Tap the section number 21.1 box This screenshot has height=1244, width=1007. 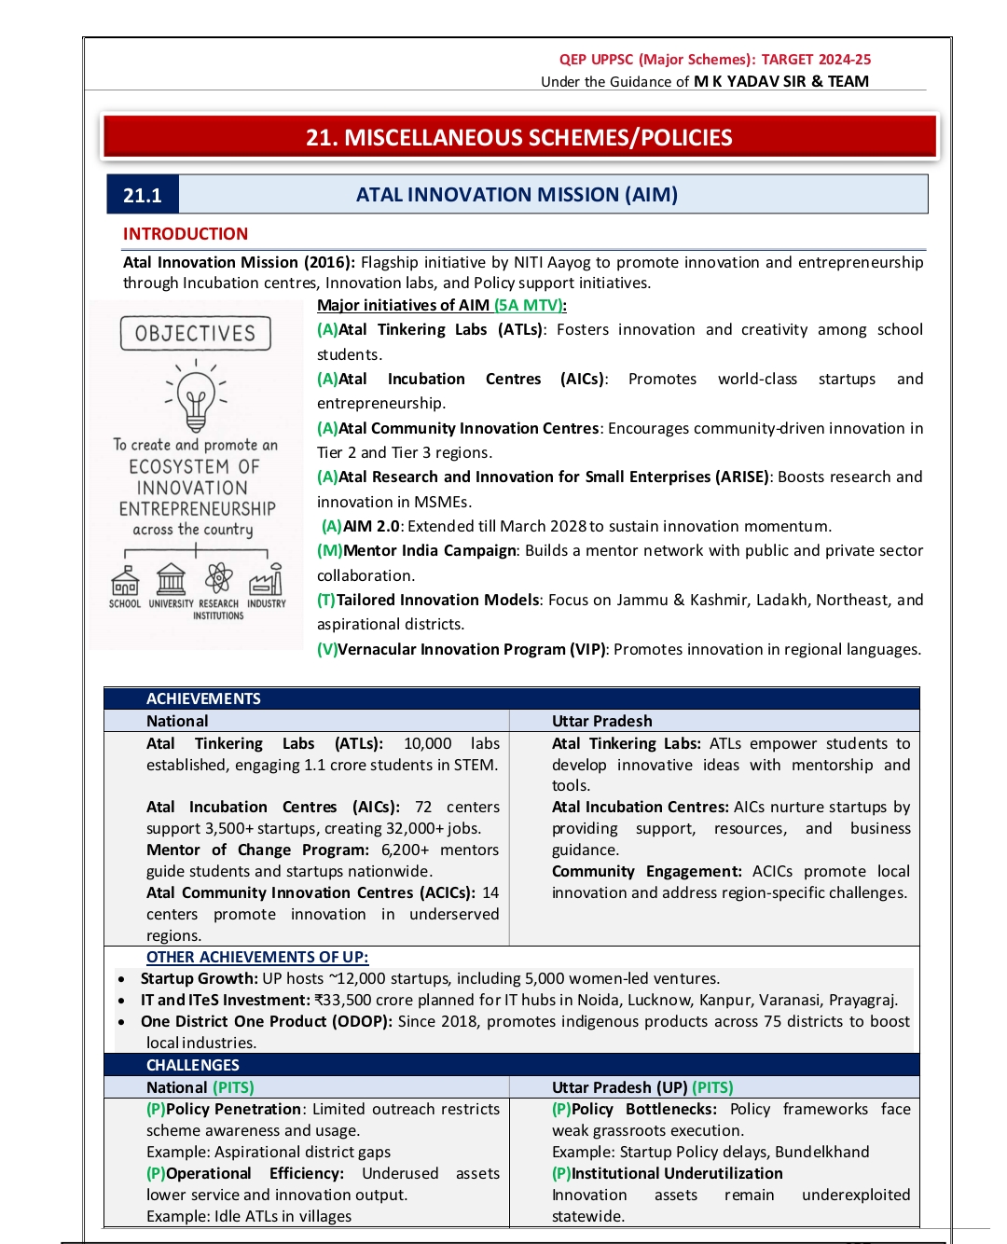[143, 195]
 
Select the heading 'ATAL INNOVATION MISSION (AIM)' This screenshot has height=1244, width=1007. [517, 195]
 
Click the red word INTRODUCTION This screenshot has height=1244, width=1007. [186, 234]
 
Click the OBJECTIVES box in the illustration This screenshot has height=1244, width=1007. [195, 334]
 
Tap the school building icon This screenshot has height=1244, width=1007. [125, 581]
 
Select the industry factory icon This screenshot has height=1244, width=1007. [266, 580]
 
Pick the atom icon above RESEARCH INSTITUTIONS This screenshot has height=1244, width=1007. [219, 578]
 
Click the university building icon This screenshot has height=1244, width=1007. [171, 579]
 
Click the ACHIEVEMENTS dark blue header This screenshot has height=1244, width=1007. [203, 698]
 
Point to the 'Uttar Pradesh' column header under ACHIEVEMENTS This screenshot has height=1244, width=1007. [601, 721]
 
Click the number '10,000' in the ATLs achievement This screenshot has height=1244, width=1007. [427, 743]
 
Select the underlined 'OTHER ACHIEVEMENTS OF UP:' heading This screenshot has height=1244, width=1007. [257, 957]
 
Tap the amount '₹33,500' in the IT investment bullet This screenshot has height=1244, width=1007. [344, 1000]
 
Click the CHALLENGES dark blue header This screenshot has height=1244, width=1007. [193, 1065]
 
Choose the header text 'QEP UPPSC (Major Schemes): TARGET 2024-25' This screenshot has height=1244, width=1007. [715, 60]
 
